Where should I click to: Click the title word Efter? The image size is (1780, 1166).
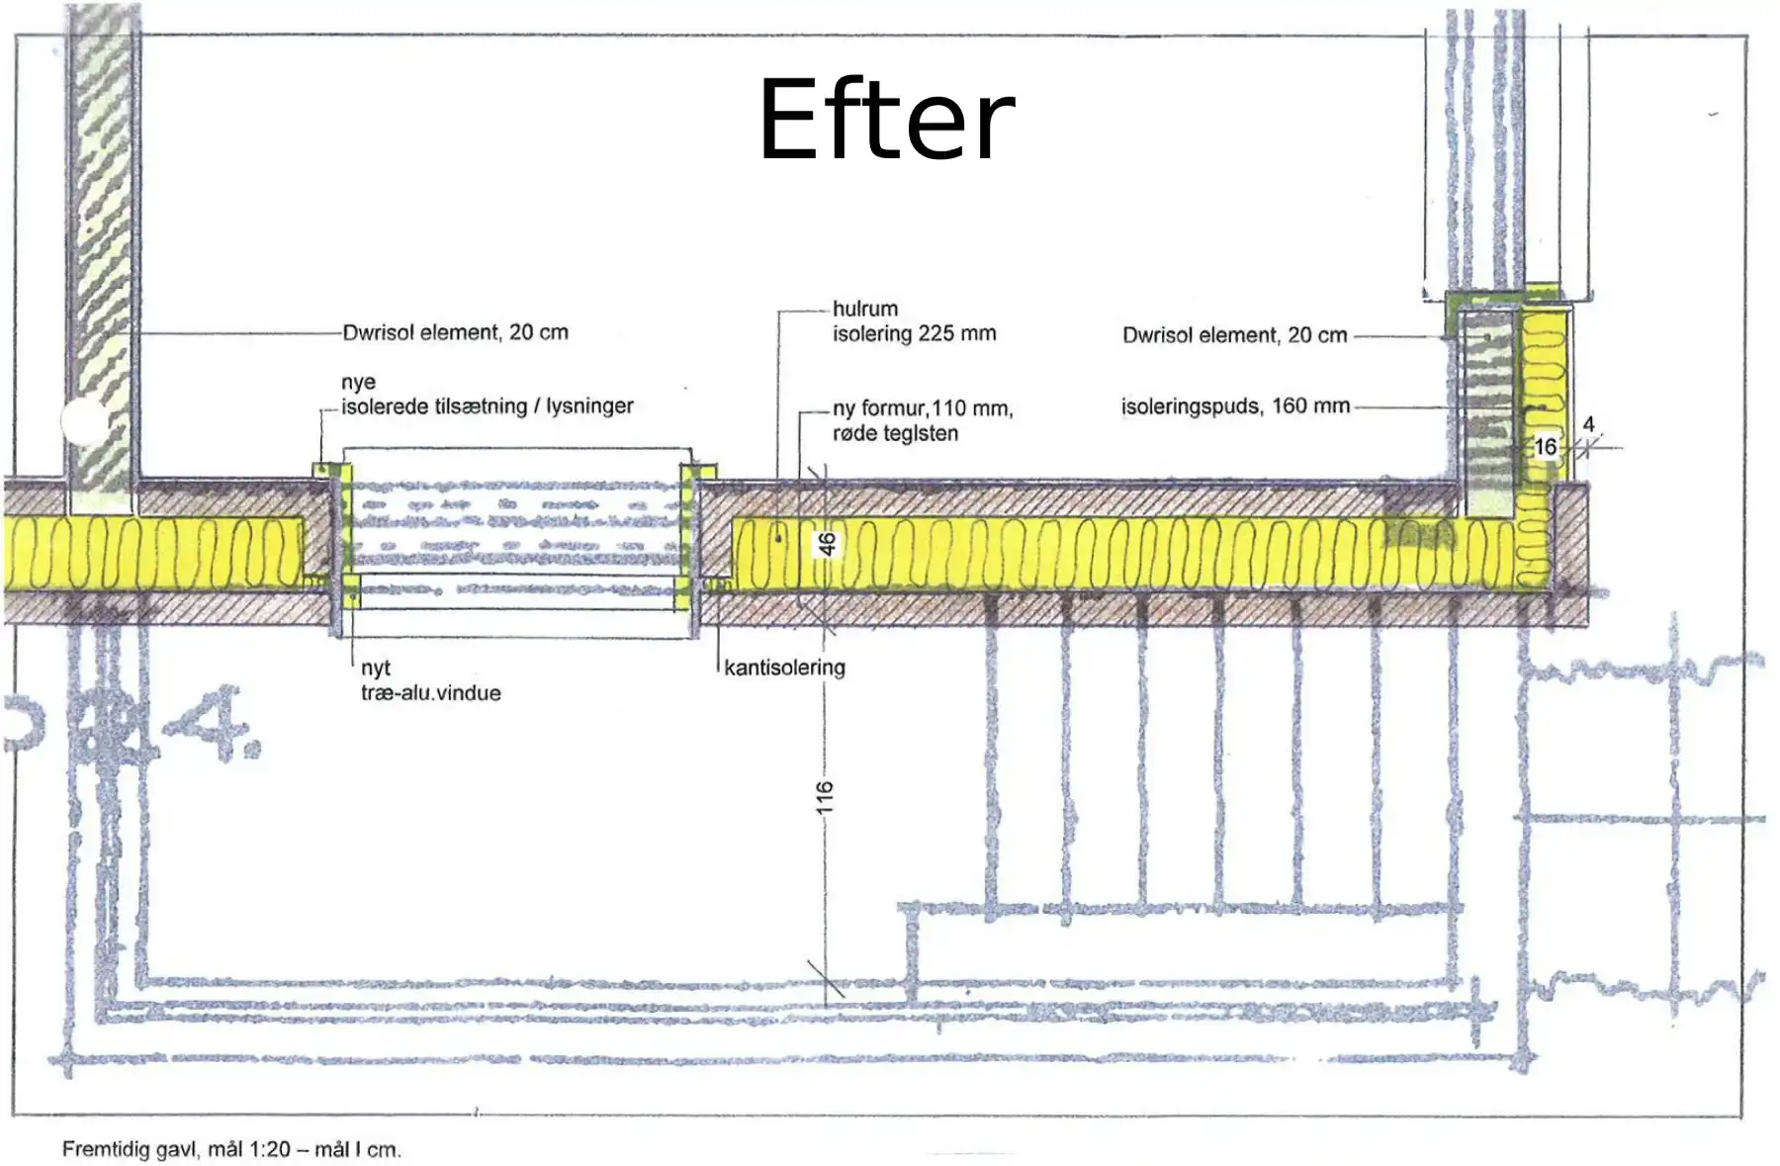[886, 121]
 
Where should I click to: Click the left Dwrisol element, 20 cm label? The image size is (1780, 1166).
[455, 332]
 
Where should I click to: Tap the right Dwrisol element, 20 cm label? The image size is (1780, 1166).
[1234, 335]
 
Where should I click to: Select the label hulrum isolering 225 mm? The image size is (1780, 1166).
[914, 321]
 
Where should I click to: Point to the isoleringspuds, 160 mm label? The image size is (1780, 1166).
[1235, 406]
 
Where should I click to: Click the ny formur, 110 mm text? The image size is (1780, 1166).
[923, 408]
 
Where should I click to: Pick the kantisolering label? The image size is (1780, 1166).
[784, 668]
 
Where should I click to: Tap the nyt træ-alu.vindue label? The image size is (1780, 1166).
[430, 680]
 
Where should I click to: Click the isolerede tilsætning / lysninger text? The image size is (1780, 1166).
[487, 406]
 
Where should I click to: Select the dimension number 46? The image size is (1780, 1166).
[827, 543]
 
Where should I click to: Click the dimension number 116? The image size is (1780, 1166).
[825, 798]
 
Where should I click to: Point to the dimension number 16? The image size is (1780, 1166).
[1546, 447]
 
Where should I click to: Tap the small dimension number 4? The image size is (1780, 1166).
[1588, 424]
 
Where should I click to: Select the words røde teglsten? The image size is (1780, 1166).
[895, 433]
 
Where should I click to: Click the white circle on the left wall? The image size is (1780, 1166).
[85, 421]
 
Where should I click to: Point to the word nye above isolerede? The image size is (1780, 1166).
[358, 383]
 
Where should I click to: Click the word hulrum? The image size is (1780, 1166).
[865, 309]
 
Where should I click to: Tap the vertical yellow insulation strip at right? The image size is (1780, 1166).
[1542, 396]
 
